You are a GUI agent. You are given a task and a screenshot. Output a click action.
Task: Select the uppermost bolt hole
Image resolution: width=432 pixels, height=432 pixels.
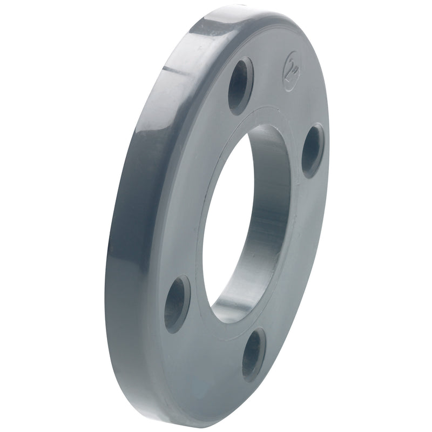(x=240, y=85)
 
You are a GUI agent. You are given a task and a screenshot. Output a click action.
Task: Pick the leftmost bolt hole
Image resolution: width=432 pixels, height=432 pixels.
(x=177, y=303)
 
